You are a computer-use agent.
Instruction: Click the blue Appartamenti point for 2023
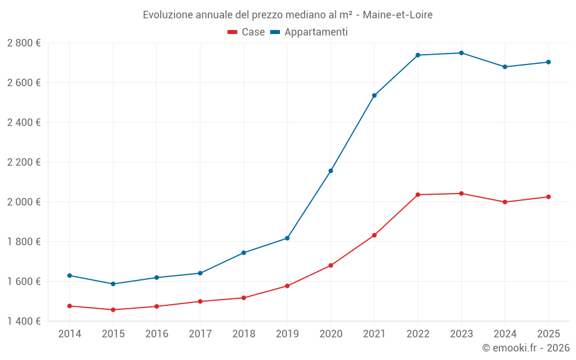coord(461,53)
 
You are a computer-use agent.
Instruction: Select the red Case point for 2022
coord(418,195)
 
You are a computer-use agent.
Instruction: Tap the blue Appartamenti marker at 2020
coord(331,171)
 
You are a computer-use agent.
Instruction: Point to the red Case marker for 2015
coord(113,310)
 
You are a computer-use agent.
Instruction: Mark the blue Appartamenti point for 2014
coord(70,275)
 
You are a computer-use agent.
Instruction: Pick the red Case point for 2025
coord(548,197)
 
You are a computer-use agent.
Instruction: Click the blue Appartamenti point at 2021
coord(374,96)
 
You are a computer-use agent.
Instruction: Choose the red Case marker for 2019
coord(287,286)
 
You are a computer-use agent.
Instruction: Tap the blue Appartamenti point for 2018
coord(244,253)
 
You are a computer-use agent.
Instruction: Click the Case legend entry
coord(247,32)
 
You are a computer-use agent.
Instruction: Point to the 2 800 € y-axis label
coord(24,43)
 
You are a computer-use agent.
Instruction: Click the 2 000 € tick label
coord(24,202)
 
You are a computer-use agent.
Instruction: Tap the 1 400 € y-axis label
coord(24,321)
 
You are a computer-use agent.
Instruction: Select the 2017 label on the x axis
coord(200,334)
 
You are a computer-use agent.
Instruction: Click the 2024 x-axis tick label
coord(505,334)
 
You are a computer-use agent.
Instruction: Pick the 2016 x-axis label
coord(157,334)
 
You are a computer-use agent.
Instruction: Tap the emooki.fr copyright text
coord(526,348)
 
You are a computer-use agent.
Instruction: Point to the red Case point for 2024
coord(505,202)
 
